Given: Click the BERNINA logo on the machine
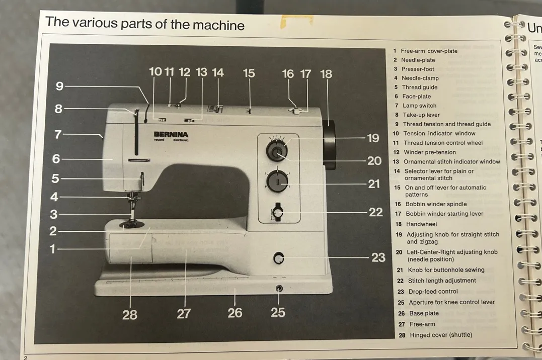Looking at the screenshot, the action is pos(171,134).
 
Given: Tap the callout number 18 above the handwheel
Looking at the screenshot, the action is pos(326,74).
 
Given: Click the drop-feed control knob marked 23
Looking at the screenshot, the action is pos(279,258).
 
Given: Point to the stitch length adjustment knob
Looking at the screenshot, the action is pos(277,212).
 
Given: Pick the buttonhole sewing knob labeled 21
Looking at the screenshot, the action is pos(277,181).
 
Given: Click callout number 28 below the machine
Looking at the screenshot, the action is pos(130,315).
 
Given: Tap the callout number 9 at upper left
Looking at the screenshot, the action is pos(60,86).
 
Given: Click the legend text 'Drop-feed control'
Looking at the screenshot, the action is pos(433,292).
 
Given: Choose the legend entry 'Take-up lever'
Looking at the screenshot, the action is pos(421,115).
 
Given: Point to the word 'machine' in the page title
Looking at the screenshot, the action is pos(218,25).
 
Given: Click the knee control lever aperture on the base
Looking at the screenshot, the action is pos(279,288).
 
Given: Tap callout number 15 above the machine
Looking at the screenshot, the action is pos(249,73).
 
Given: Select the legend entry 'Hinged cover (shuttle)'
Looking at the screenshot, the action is pos(441,335).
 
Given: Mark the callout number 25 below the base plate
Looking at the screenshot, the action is pos(278,312).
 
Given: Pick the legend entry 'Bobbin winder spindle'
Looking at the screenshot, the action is pos(436,204).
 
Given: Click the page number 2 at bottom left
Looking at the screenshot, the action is pos(25,357).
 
